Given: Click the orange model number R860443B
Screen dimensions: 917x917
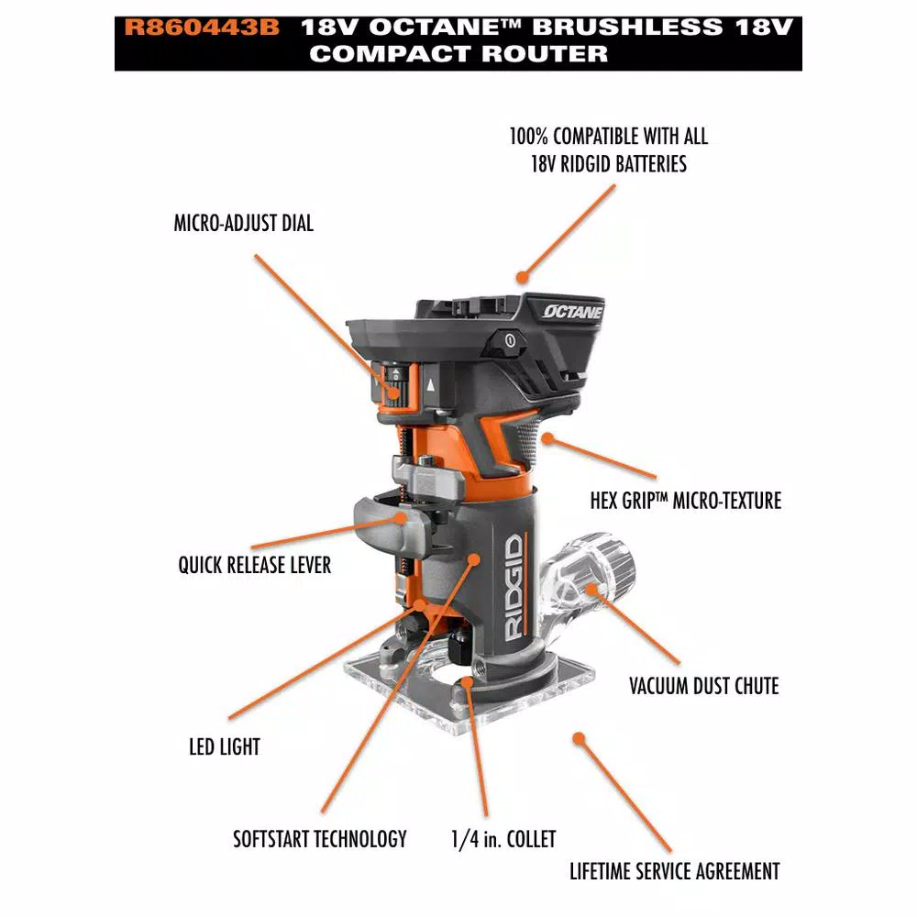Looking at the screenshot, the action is pos(202,28).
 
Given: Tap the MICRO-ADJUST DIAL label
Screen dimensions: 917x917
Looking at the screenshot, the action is pos(244,223).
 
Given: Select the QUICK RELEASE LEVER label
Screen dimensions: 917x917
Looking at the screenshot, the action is pos(254,565).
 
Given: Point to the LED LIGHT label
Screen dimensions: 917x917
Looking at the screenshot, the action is pos(225,746).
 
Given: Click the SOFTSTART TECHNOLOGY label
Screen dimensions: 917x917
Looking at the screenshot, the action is pos(320,839).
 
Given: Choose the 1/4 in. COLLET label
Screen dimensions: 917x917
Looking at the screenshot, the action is pos(503,839).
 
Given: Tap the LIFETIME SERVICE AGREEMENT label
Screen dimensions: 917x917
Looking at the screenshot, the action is pos(675,871).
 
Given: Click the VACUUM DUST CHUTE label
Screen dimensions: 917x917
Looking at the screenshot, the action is pos(704,686).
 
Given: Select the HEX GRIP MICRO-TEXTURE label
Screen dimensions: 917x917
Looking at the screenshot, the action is pos(685,501).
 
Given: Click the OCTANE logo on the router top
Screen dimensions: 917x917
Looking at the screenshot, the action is pos(572,312).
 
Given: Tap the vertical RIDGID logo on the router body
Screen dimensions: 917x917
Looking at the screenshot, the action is pos(514,587).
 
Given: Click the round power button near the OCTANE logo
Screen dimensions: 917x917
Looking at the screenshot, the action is pos(510,340).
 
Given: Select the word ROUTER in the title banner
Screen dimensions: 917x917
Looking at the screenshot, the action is pos(546,54).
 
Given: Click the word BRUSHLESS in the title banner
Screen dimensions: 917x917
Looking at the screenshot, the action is pos(627,28).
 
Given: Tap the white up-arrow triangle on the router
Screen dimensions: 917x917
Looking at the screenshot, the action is pos(431,385).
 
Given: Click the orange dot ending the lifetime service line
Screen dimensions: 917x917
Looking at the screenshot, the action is pos(579,738).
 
